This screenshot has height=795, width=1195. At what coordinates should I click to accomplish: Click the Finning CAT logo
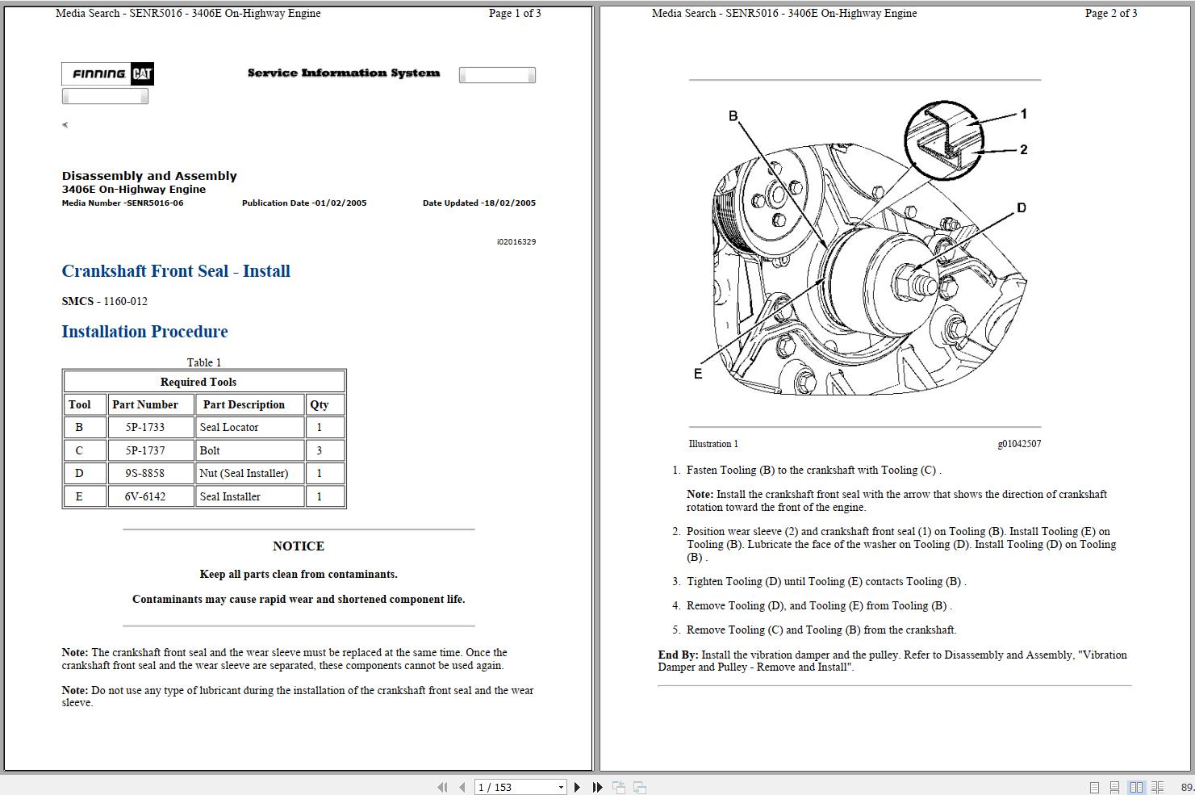[x=107, y=74]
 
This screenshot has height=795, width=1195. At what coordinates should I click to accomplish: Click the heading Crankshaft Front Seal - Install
[x=176, y=271]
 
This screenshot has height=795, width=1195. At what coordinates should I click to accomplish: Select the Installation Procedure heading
[x=144, y=332]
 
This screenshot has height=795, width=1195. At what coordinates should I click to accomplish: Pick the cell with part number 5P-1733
[x=145, y=427]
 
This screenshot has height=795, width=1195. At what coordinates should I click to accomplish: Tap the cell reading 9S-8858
[x=145, y=473]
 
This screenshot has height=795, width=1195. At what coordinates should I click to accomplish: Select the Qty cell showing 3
[x=320, y=450]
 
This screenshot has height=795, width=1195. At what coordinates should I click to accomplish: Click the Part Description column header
[x=244, y=404]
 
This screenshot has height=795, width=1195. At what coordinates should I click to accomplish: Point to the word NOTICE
[x=299, y=546]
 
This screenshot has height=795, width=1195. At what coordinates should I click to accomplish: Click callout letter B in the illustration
[x=733, y=116]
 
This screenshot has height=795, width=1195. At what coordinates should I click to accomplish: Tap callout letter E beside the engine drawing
[x=698, y=374]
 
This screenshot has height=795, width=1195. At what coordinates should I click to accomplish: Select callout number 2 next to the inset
[x=1023, y=149]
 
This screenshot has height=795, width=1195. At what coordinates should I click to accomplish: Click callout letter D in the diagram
[x=1021, y=208]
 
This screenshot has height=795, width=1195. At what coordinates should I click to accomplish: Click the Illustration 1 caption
[x=713, y=444]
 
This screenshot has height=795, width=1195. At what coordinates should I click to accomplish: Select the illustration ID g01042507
[x=1019, y=444]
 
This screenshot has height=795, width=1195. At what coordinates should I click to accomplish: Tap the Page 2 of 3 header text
[x=1110, y=13]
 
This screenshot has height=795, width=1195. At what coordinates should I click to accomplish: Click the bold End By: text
[x=678, y=655]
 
